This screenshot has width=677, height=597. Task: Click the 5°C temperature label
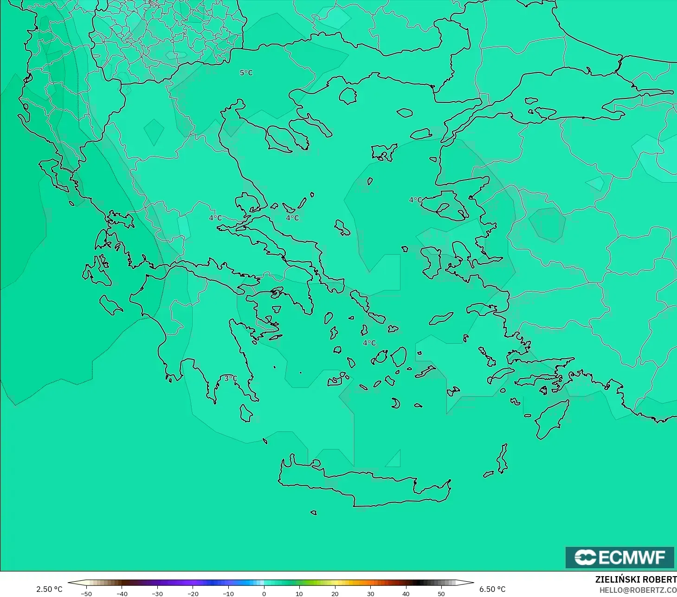tap(246, 73)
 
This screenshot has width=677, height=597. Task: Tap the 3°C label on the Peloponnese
tap(231, 379)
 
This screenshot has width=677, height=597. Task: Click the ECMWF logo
tap(619, 557)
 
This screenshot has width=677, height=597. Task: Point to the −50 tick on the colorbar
tap(86, 593)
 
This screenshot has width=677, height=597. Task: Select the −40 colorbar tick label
tap(122, 593)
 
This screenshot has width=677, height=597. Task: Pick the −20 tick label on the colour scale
tap(193, 593)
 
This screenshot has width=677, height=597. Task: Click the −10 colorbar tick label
tap(228, 593)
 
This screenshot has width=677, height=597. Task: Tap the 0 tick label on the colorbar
tap(264, 593)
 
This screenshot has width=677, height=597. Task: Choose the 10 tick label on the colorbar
tap(299, 593)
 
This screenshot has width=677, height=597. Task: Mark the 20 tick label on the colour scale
tap(335, 593)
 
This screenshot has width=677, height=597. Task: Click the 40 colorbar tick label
tap(406, 593)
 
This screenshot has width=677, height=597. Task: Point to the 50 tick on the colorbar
tap(441, 593)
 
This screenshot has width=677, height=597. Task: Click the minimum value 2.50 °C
tap(49, 589)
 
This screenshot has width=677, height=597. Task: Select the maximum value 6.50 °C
tap(492, 589)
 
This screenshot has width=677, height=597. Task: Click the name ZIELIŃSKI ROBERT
tap(636, 579)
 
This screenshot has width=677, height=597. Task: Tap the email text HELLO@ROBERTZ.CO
tap(638, 590)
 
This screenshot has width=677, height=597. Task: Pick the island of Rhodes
tap(552, 420)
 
